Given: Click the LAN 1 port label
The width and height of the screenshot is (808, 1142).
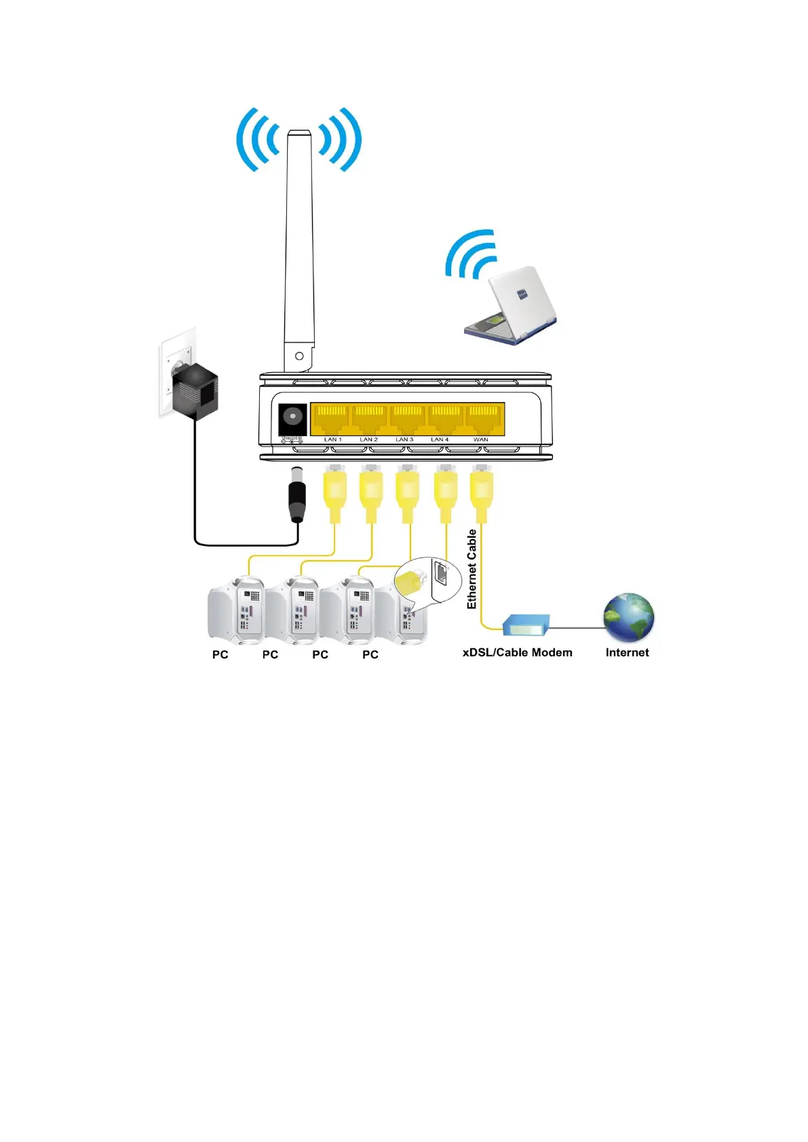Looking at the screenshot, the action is (x=332, y=439).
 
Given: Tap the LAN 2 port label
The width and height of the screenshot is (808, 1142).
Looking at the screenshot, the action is (x=368, y=439).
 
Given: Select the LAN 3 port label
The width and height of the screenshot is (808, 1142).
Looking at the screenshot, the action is (x=404, y=439).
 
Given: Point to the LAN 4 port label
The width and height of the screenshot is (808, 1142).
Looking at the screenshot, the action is (x=440, y=439).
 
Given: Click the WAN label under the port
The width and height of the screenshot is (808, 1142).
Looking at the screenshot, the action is (x=480, y=439).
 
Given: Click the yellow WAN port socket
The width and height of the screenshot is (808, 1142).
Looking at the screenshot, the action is (x=483, y=418).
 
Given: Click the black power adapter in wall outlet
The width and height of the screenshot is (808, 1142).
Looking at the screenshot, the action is (x=195, y=391).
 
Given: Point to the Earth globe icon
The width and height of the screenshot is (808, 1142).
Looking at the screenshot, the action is (x=629, y=618).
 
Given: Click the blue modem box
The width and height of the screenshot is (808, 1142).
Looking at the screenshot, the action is (x=526, y=625).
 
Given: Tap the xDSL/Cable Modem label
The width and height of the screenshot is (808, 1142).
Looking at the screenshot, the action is (x=517, y=652).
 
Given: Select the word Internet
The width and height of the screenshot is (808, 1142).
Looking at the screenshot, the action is (x=627, y=652).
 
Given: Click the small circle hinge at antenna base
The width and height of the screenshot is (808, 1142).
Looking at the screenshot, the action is (x=299, y=356).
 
